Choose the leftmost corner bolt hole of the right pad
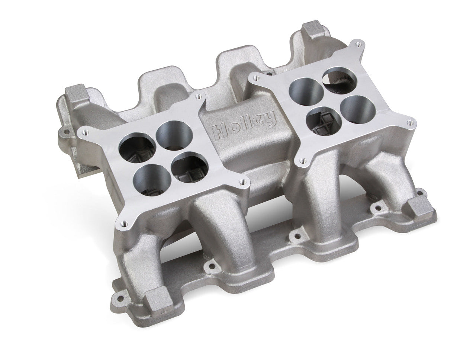[254, 78]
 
